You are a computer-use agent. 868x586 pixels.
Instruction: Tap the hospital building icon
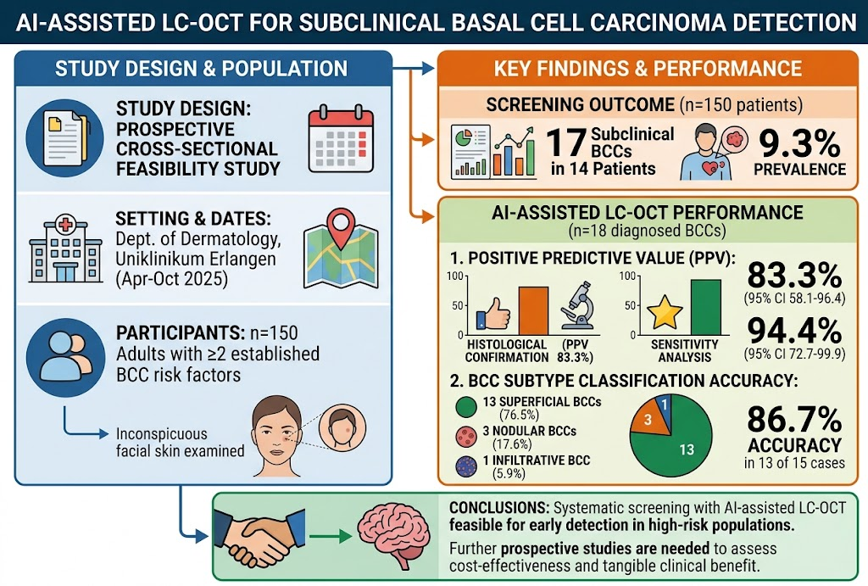65,248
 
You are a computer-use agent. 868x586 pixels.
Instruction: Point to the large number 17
565,142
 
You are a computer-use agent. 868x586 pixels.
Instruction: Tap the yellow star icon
665,312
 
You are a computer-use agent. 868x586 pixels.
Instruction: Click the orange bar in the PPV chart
533,310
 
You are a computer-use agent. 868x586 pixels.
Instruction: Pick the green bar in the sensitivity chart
706,307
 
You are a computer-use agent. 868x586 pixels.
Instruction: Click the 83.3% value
794,276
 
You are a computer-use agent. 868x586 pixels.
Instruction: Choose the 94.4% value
794,331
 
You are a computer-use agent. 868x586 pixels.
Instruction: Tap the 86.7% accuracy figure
794,419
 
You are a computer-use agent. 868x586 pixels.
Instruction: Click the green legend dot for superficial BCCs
466,406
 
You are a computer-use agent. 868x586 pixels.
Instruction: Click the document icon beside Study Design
64,138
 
